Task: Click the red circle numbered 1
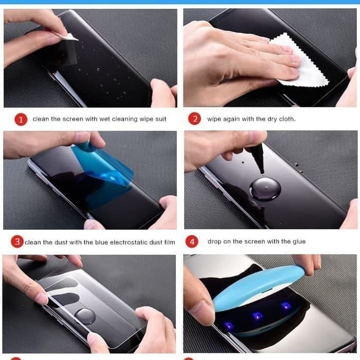[x=21, y=119]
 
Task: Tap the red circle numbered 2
[x=194, y=118]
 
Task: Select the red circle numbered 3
[x=17, y=242]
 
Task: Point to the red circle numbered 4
[x=192, y=242]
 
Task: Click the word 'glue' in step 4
[x=299, y=242]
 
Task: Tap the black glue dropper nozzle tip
[x=262, y=173]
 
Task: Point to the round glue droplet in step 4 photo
[x=265, y=189]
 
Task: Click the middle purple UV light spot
[x=257, y=316]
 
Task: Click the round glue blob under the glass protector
[x=85, y=316]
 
